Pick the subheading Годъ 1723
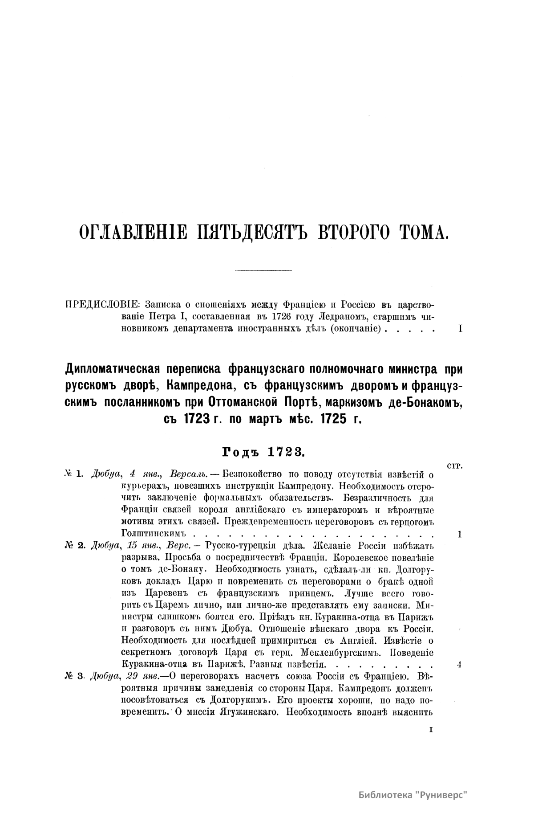pos(263,452)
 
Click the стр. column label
pos(453,466)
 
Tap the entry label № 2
pos(74,546)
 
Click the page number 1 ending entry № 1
pos(460,534)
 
